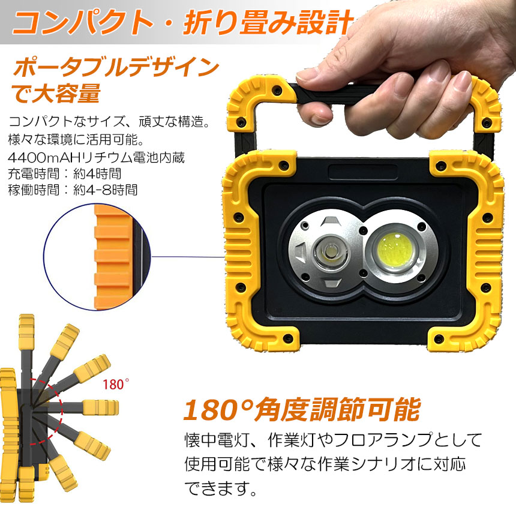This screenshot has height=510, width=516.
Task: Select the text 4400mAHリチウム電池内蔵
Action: [96, 158]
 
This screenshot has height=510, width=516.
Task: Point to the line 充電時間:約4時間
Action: [65, 174]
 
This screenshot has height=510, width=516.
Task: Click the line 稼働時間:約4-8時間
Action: [73, 190]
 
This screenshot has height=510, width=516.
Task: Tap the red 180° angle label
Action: [116, 384]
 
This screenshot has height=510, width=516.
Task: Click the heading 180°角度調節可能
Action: [302, 410]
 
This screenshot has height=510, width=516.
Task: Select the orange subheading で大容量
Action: [56, 94]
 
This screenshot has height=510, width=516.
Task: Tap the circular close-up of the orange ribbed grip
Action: [97, 257]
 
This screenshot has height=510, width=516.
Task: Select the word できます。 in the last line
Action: [220, 488]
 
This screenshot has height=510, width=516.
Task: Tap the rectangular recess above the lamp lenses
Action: [362, 172]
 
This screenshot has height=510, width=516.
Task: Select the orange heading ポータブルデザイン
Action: [116, 67]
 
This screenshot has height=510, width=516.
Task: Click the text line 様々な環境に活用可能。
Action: [76, 140]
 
